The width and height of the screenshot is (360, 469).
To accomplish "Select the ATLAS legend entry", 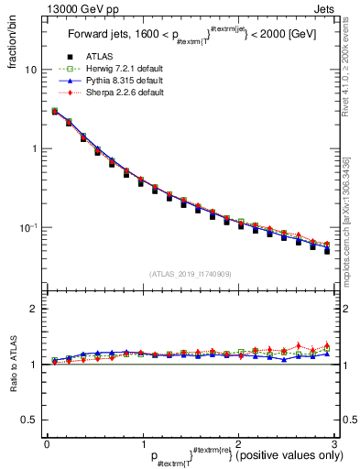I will point(98,57).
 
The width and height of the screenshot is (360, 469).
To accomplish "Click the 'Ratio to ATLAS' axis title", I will point(13,364).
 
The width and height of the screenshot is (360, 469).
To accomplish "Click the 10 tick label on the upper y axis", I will point(31,70).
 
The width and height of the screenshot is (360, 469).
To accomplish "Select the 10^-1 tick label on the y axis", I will point(29,227).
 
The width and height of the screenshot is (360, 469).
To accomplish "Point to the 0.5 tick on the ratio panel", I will point(29,420).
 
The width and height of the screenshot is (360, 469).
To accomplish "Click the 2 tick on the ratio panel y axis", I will point(35,309).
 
